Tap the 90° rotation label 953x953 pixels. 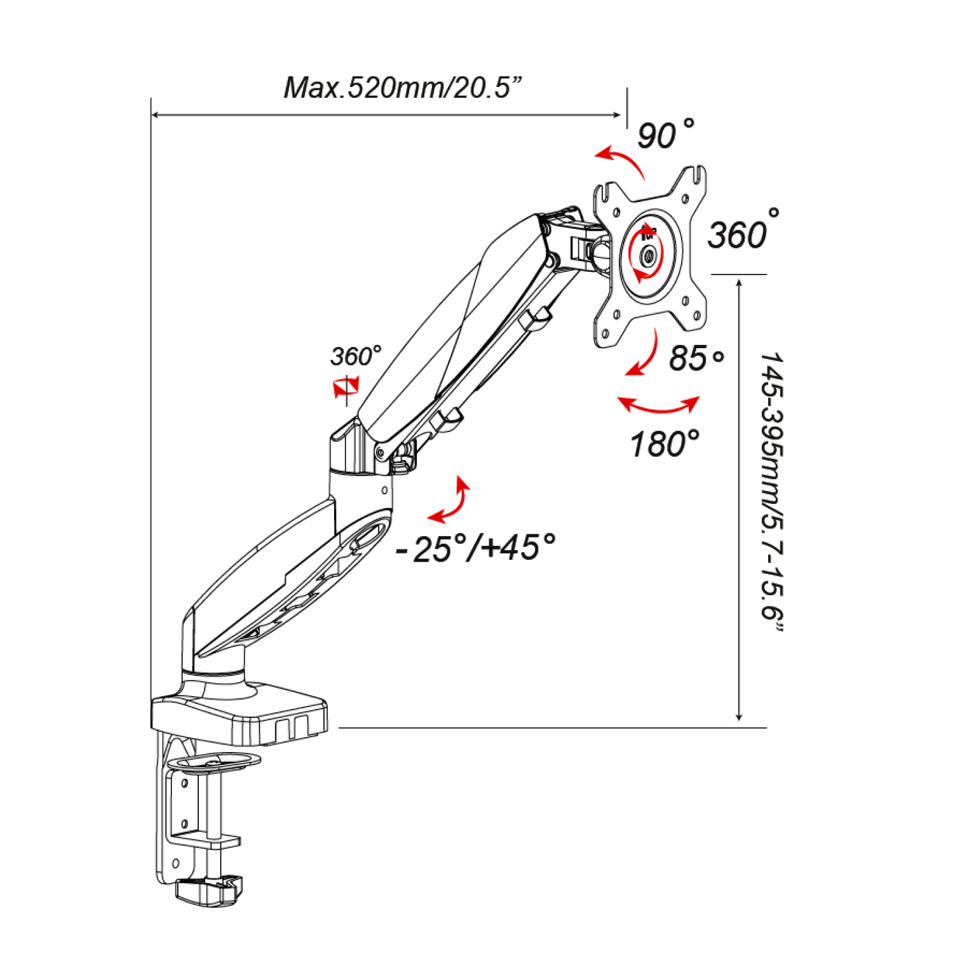(665, 134)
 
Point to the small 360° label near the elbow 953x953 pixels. (356, 356)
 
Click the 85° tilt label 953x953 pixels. (696, 358)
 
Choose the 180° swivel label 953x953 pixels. (664, 443)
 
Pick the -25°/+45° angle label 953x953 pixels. (475, 548)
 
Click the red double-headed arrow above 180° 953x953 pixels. (658, 405)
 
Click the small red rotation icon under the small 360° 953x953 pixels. (346, 386)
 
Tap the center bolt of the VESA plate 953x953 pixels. (649, 257)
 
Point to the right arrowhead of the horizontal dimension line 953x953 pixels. (617, 115)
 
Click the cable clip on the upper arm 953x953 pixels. (537, 317)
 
